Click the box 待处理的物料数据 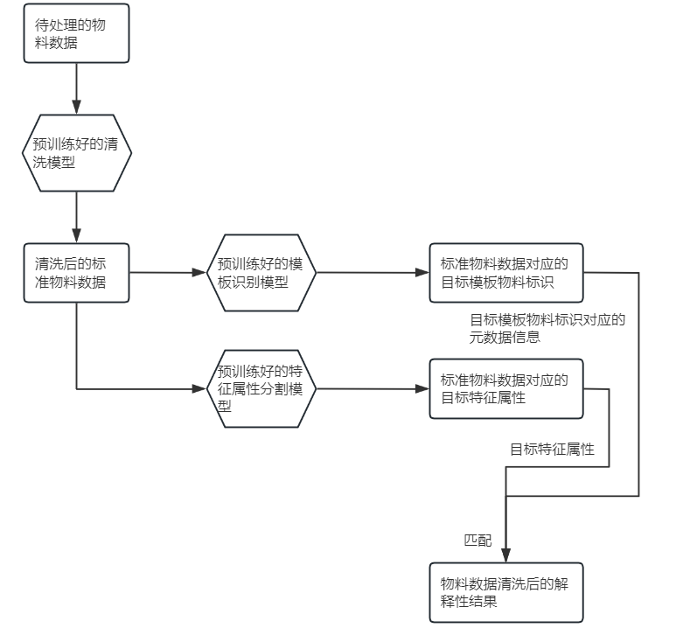[x=76, y=34]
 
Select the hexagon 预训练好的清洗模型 [x=76, y=153]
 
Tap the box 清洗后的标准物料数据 [x=76, y=272]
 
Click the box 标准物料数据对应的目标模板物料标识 [x=505, y=273]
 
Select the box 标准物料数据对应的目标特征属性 [x=505, y=388]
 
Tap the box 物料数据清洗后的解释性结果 [x=505, y=592]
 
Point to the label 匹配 [x=477, y=541]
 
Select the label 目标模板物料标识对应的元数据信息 [x=547, y=328]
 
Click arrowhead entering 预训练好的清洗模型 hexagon [x=76, y=108]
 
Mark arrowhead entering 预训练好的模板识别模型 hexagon [x=199, y=273]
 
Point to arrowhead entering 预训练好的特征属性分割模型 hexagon [x=199, y=387]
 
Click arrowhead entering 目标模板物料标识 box [x=422, y=273]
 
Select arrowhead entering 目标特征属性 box [x=422, y=388]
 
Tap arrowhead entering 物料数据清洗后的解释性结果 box [x=506, y=556]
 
